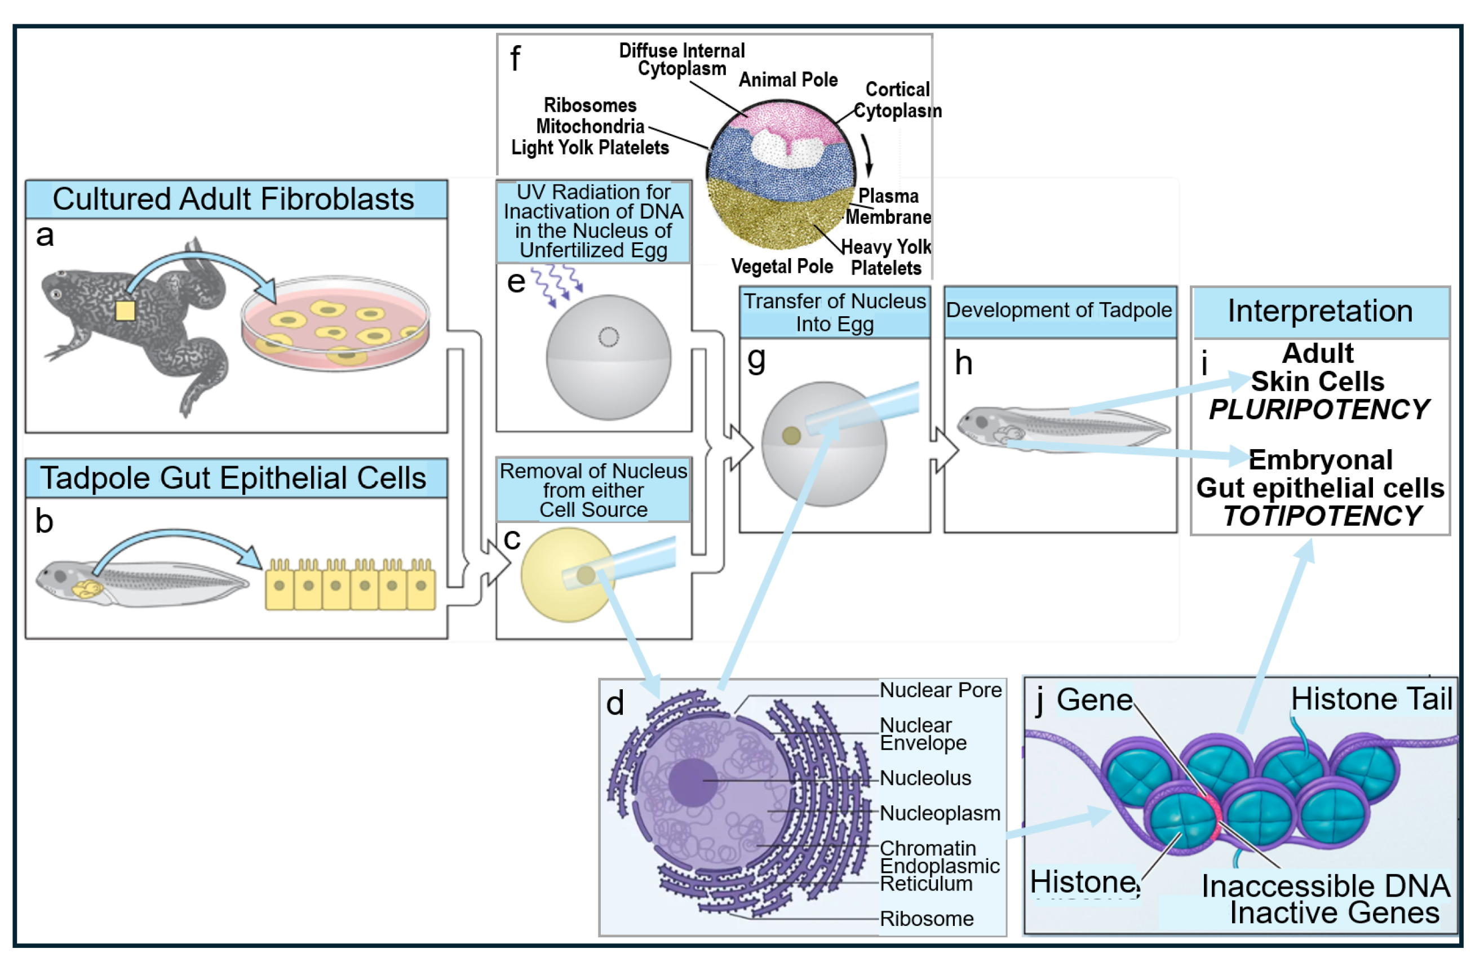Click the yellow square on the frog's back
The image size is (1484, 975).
click(125, 311)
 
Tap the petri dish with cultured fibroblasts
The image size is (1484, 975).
click(335, 324)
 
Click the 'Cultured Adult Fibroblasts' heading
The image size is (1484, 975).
click(233, 200)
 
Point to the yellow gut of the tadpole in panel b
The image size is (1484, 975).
click(87, 589)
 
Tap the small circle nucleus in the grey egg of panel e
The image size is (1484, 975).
click(609, 337)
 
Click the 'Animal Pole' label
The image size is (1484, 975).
click(788, 81)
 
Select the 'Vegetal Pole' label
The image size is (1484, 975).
click(782, 267)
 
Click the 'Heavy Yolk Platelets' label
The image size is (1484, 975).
click(885, 258)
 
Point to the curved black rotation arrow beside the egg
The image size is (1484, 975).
click(868, 156)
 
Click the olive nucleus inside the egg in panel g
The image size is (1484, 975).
click(791, 435)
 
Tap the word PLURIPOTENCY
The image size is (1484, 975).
click(1319, 410)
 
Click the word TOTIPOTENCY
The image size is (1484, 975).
click(1322, 517)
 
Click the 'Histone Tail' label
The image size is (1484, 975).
click(1371, 699)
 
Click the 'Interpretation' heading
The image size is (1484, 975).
click(1320, 311)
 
